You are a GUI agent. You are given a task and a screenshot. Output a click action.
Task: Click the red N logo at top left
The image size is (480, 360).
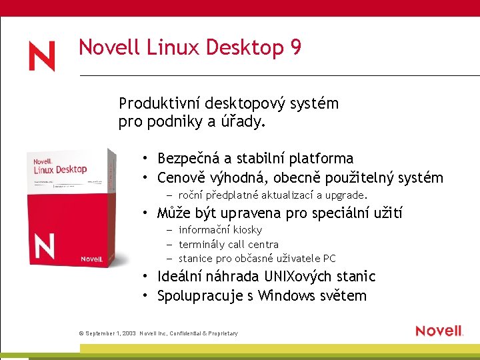pos(41,56)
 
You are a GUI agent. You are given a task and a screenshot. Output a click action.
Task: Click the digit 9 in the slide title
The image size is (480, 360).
pos(295,48)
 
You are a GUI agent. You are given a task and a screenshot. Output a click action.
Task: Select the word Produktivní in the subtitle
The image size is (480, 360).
pos(159,104)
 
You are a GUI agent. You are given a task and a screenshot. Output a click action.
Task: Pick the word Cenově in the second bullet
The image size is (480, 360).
pos(181,178)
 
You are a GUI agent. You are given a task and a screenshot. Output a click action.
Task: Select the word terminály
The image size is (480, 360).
pos(201,245)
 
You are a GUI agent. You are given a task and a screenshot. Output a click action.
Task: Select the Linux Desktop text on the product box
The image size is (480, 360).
pos(61,169)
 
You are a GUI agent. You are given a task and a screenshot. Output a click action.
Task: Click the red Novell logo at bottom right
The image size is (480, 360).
pos(439,331)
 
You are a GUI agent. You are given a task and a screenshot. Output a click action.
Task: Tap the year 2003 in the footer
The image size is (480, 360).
pos(127,333)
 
